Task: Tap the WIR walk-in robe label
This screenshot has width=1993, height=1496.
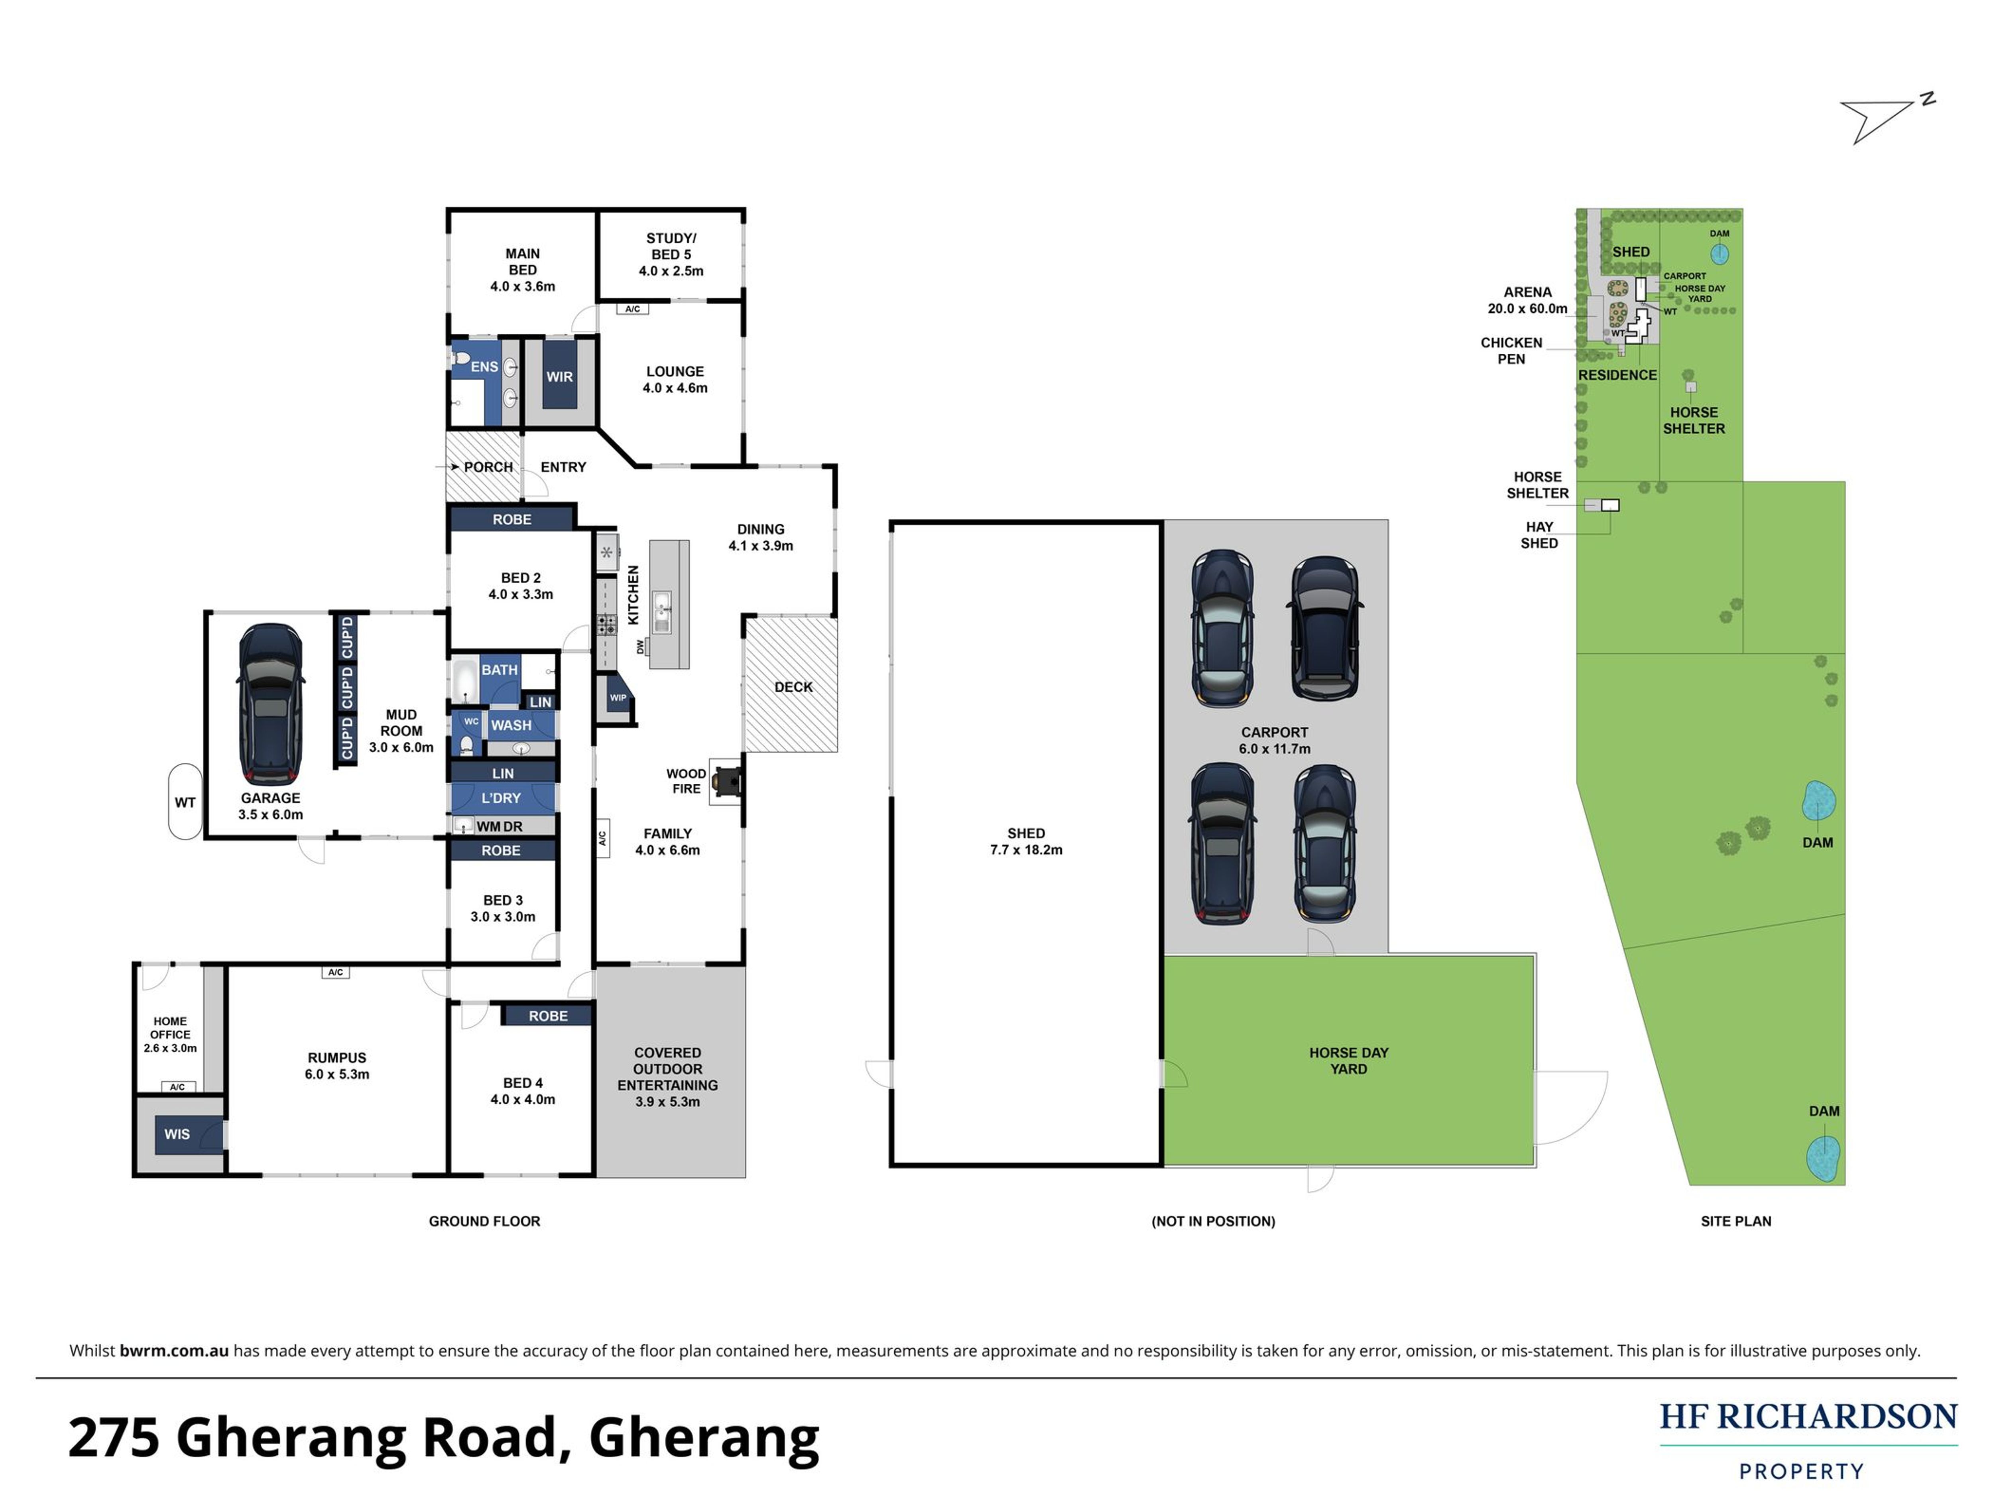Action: [559, 377]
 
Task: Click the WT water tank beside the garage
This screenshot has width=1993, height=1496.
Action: [185, 802]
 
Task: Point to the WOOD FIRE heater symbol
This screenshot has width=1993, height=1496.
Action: [726, 781]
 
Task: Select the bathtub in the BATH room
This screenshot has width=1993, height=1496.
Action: [465, 680]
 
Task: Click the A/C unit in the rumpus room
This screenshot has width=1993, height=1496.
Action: [335, 972]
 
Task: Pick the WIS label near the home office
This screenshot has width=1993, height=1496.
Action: [177, 1134]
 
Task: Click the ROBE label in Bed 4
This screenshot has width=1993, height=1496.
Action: [548, 1016]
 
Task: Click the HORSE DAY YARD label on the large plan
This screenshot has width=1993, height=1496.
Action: [1349, 1061]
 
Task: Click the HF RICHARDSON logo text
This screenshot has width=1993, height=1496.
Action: [1808, 1416]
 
